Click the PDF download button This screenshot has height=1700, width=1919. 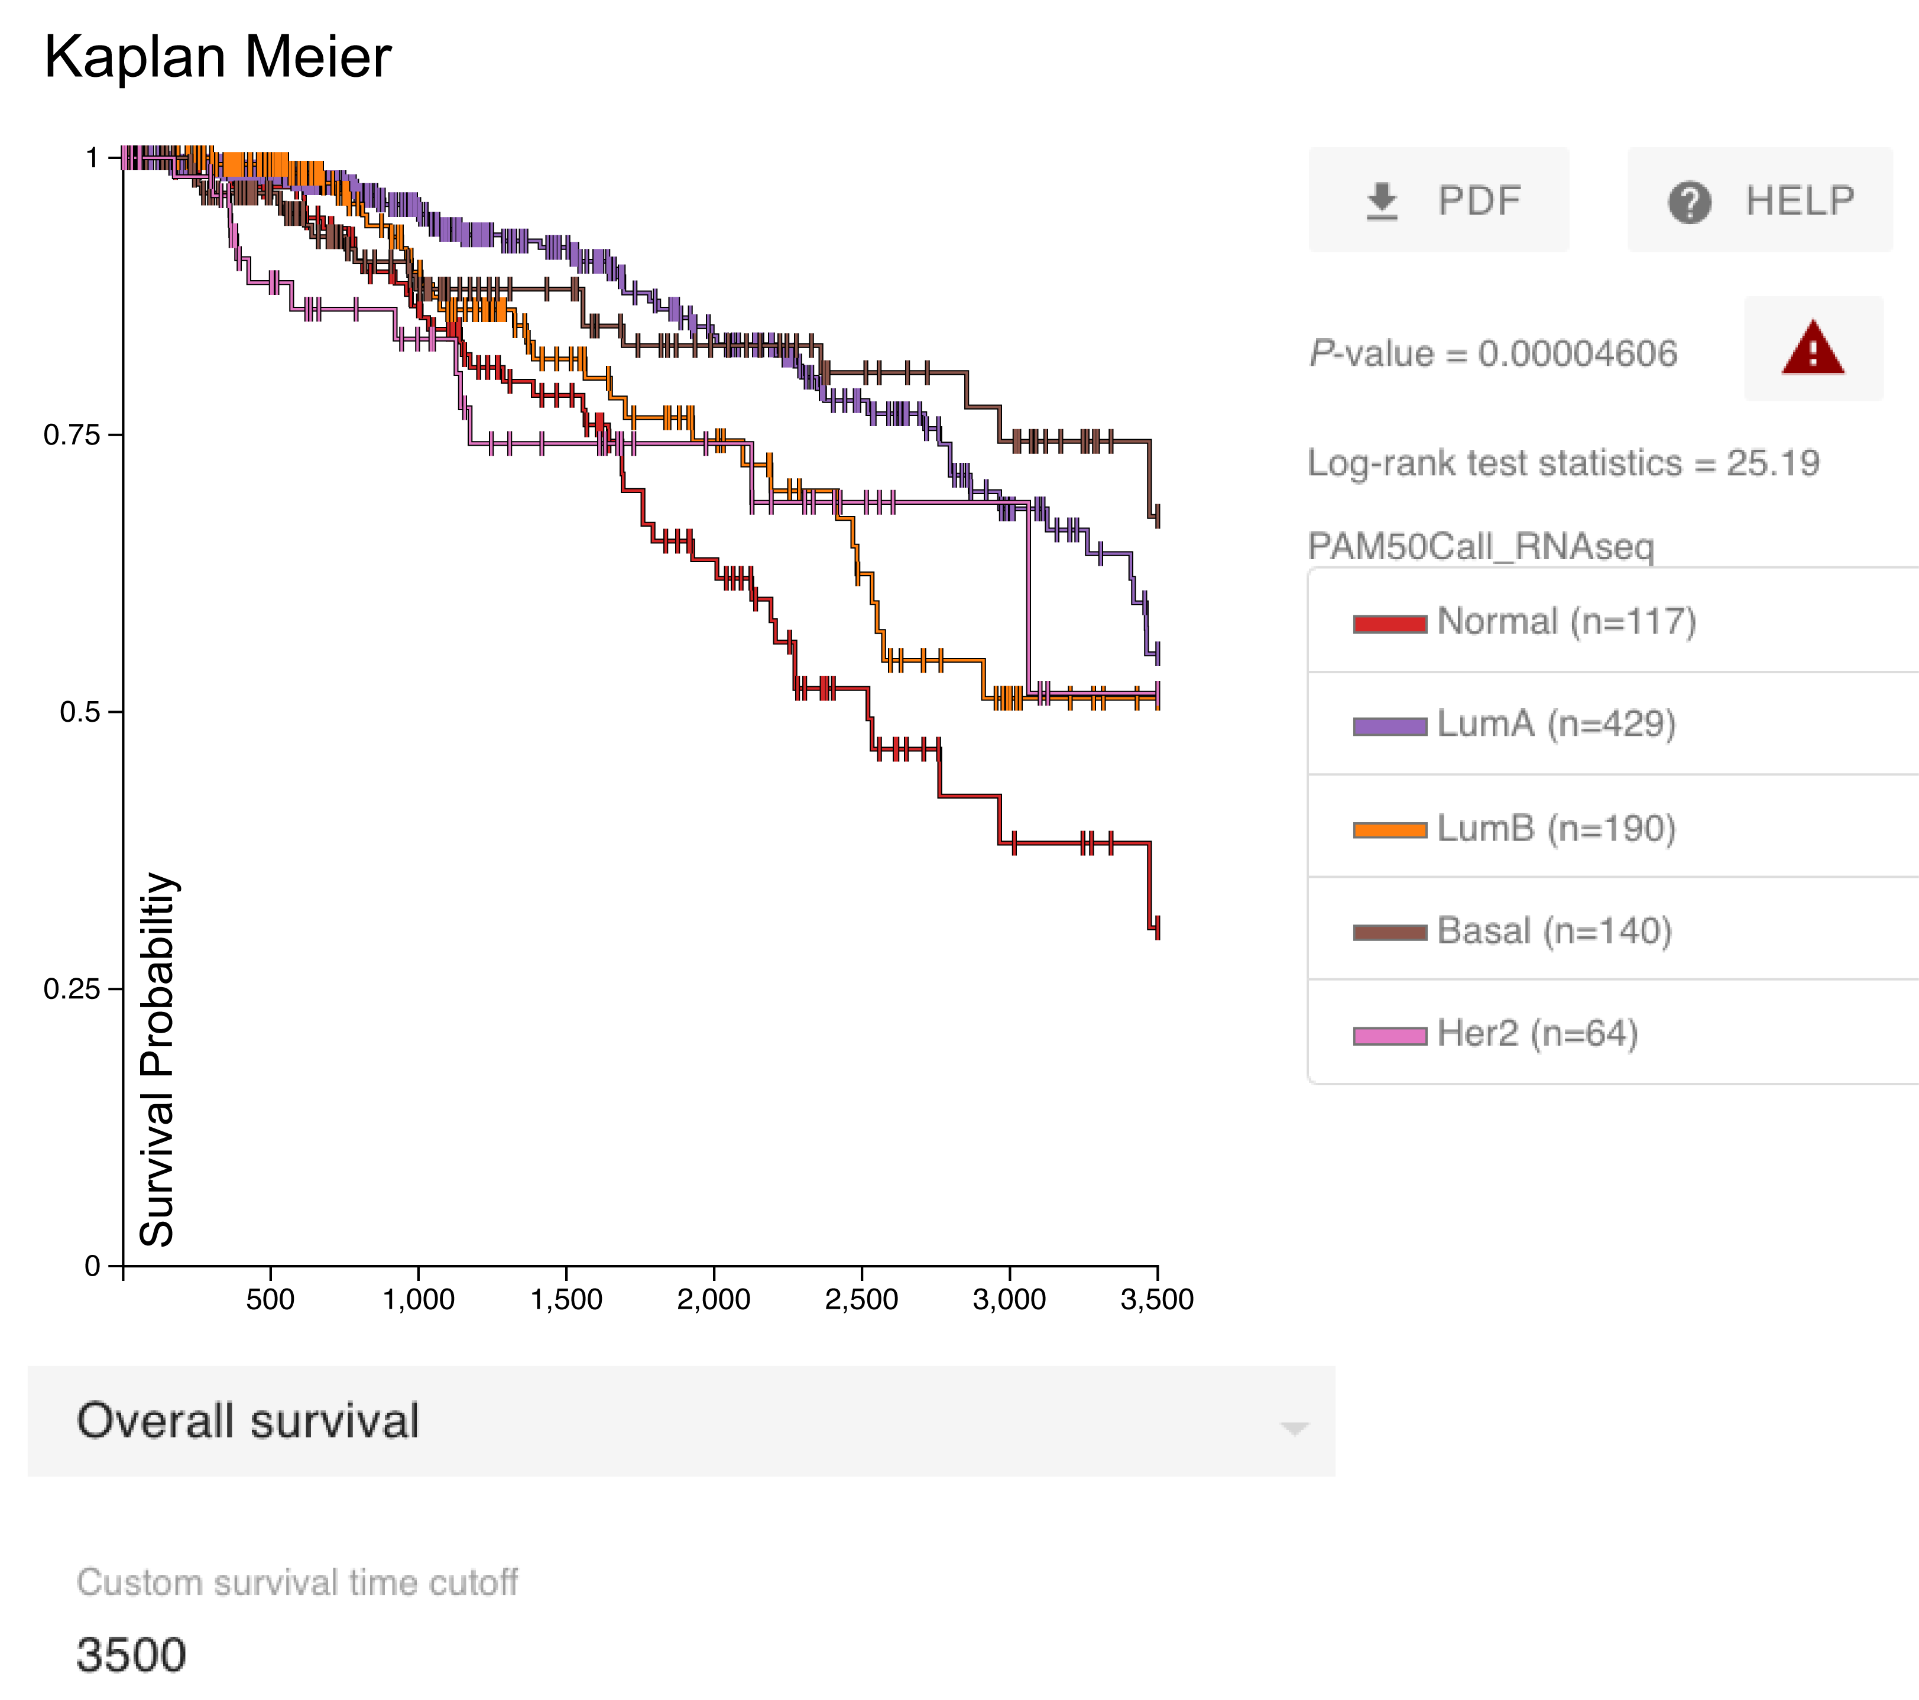(x=1438, y=200)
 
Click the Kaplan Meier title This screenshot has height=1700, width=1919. (x=217, y=57)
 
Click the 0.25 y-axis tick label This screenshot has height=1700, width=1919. (x=72, y=988)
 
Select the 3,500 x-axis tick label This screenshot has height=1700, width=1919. (x=1156, y=1299)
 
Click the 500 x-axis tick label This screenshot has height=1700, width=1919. (x=270, y=1299)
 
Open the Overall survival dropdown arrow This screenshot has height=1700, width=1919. (x=1294, y=1428)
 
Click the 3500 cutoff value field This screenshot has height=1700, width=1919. (x=131, y=1654)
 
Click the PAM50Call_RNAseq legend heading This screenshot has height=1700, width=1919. (x=1480, y=546)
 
